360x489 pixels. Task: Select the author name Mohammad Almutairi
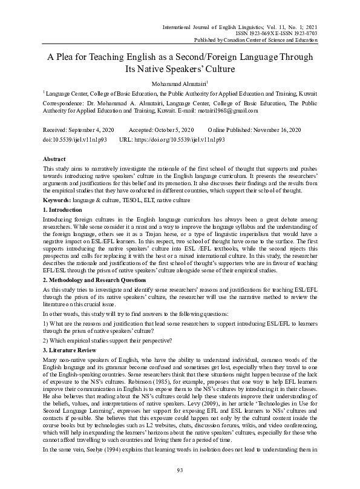click(179, 83)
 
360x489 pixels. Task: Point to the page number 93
click(180, 470)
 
